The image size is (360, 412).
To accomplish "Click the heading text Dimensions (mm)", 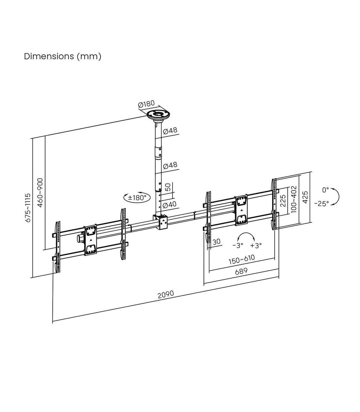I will pos(62,56).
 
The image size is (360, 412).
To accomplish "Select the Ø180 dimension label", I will pos(146,105).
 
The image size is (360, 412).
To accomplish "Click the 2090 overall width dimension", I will pos(166,294).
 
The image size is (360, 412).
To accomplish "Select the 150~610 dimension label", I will pos(241,259).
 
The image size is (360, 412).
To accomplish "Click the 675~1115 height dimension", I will pos(28,208).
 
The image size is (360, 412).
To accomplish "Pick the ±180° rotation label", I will pos(136,198).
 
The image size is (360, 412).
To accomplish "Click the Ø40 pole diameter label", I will pos(170,205).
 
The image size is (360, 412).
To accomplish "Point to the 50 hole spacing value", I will pos(168,187).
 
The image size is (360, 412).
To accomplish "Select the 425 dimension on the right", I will pos(305,197).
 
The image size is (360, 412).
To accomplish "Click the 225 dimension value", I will pos(283,200).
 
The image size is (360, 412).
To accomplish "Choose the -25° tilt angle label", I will pos(321,203).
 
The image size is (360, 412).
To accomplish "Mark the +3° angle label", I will pos(256,245).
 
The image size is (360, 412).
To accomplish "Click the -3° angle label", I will pos(238,245).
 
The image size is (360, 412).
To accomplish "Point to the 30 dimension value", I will pos(216,241).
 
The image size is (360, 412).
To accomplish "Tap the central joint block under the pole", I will pos(162,222).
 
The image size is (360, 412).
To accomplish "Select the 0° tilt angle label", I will pos(325,190).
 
